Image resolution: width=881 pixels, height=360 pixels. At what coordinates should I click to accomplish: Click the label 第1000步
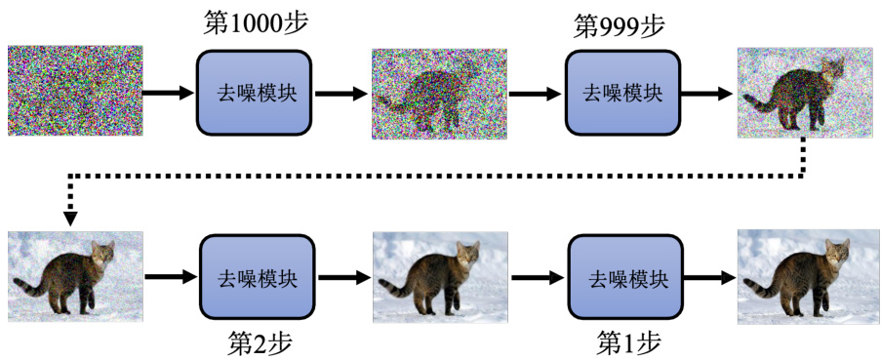tap(257, 23)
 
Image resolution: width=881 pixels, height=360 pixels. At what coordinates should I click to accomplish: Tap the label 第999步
tap(620, 25)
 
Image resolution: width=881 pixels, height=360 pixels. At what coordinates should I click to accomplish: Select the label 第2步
tap(260, 342)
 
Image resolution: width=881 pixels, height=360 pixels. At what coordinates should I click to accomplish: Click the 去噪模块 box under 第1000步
tap(254, 93)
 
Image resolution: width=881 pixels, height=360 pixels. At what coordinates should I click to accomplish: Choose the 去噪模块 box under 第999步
tap(623, 93)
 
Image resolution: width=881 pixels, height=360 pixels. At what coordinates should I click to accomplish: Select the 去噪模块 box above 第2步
tap(257, 277)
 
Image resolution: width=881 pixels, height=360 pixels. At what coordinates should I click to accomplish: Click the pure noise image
tap(75, 91)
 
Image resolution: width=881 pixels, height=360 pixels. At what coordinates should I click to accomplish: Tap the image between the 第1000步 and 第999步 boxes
tap(439, 94)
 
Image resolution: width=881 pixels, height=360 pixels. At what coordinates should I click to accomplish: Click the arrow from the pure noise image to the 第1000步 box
tap(169, 94)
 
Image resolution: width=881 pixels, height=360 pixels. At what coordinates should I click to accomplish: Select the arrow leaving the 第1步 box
tap(709, 277)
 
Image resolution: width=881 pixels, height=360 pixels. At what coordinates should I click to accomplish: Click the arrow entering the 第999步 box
tap(536, 95)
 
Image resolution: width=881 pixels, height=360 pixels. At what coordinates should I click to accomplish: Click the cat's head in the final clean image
tap(836, 251)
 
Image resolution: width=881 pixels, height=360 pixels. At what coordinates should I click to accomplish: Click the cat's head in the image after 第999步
tap(833, 69)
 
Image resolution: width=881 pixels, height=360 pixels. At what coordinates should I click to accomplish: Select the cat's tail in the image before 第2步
tap(30, 286)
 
